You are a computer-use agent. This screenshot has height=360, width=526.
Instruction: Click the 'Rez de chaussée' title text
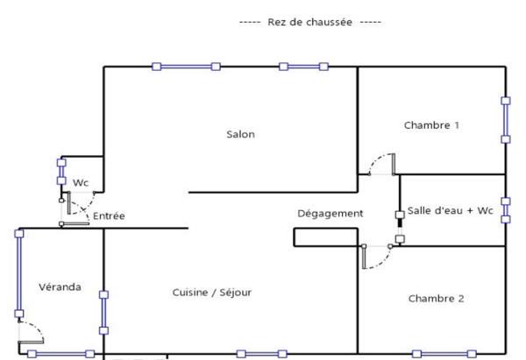[309, 22]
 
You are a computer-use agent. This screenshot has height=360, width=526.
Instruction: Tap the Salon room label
[240, 134]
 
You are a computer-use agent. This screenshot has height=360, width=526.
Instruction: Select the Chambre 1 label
[431, 125]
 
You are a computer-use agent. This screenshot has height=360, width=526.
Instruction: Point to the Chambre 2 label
[436, 299]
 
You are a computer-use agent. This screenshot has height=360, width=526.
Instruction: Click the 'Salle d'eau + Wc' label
[448, 212]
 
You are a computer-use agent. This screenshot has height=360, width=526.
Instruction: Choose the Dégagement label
[330, 213]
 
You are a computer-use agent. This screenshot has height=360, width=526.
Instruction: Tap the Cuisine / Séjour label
[211, 293]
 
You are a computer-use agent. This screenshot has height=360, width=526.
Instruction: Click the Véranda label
[60, 287]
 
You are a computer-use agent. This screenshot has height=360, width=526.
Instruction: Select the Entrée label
[110, 216]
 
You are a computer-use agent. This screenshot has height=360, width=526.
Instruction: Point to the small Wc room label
[81, 183]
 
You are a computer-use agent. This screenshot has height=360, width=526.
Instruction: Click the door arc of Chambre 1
[381, 164]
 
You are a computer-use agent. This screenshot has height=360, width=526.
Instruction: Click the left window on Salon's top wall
[186, 66]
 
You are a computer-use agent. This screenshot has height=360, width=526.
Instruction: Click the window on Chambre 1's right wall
[506, 119]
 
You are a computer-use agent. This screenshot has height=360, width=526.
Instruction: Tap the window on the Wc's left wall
[60, 171]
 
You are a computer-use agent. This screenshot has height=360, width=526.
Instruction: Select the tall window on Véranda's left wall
[18, 272]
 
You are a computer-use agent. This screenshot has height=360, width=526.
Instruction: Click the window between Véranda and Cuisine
[103, 312]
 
